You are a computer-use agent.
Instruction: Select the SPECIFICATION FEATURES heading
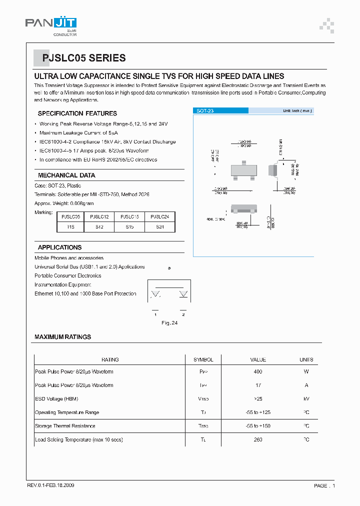pos(77,113)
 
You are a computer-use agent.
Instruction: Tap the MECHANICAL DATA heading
pos(66,175)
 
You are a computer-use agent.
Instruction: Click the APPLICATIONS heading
pos(59,247)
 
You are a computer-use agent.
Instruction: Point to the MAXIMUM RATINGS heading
pos(62,337)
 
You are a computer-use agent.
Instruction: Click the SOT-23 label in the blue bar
pos(205,111)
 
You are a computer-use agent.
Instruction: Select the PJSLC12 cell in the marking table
pos(99,217)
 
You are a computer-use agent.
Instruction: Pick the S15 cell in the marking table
pos(129,227)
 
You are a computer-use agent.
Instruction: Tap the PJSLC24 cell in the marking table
pos(159,217)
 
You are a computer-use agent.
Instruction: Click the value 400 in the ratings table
pos(258,372)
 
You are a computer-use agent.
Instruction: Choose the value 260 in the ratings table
pos(258,439)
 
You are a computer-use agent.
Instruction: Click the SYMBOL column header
pos(203,359)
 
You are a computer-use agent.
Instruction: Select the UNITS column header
pos(306,359)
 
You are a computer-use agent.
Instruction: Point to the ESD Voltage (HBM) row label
pos(56,399)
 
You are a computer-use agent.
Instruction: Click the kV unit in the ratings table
pos(306,399)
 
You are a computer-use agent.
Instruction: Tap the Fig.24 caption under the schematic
pos(169,323)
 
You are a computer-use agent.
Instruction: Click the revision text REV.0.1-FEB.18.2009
pos(51,485)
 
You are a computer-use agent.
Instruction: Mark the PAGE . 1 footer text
pos(324,485)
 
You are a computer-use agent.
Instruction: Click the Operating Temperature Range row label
pos(67,412)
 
